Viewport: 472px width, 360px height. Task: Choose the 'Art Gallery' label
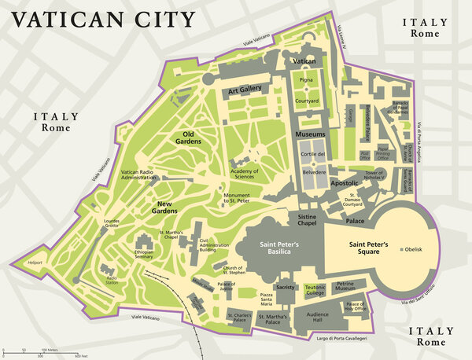click(x=245, y=91)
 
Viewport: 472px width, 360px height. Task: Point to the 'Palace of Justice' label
click(x=227, y=286)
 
